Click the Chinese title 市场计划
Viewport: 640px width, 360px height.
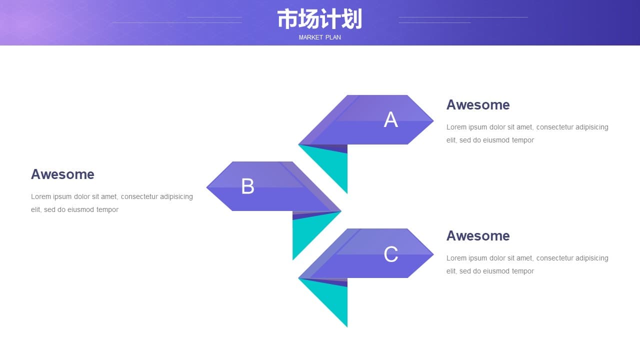tap(319, 19)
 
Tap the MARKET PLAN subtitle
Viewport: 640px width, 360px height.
tap(319, 37)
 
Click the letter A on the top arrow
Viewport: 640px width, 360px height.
tap(390, 119)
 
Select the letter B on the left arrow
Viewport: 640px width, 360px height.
tap(247, 186)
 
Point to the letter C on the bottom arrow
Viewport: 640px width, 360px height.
tap(390, 254)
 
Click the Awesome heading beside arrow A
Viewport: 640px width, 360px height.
tap(478, 105)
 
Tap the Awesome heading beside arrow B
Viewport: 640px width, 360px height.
tap(62, 174)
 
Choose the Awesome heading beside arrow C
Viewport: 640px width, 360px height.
tap(478, 236)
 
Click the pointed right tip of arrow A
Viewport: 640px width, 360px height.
tap(433, 121)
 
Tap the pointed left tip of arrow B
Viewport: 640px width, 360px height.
tap(207, 187)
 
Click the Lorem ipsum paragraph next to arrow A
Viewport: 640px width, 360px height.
tap(527, 133)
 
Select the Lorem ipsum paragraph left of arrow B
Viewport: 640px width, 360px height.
tap(111, 203)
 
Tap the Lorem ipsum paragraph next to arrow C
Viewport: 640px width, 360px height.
tap(527, 264)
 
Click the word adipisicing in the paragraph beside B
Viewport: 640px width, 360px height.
tap(176, 197)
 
